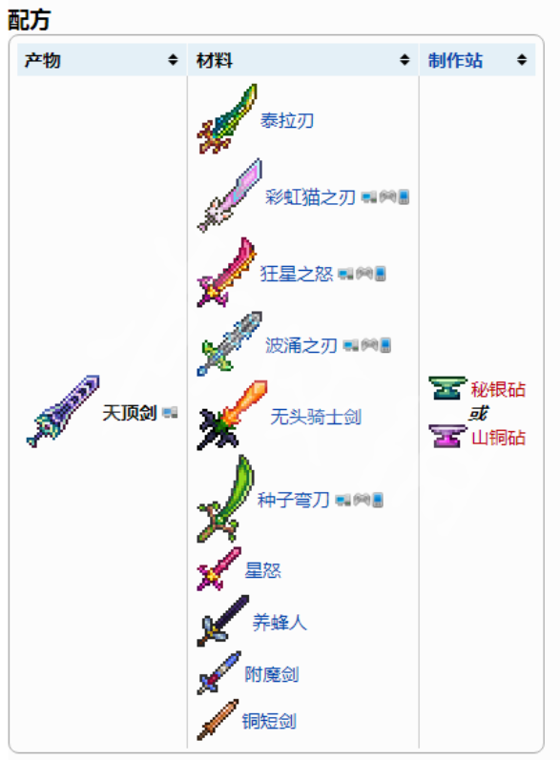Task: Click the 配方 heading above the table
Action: [x=29, y=20]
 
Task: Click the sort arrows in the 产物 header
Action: [x=173, y=60]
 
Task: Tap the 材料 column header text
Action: [x=215, y=61]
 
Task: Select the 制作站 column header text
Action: [x=455, y=61]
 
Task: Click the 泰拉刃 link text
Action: [x=287, y=120]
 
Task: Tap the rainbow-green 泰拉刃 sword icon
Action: [x=227, y=119]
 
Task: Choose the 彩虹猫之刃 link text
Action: [x=310, y=197]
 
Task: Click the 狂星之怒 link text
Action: [x=297, y=274]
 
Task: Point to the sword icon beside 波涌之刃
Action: [x=229, y=343]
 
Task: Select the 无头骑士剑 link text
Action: [x=316, y=417]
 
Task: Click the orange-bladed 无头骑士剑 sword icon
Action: [x=232, y=416]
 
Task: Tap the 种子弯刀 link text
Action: [x=293, y=500]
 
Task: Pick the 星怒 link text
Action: [x=262, y=570]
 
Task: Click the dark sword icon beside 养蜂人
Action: [x=223, y=621]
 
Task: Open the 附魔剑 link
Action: [x=272, y=674]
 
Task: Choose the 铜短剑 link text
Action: [x=270, y=721]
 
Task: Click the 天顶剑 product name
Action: [x=130, y=413]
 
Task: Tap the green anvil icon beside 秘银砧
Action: [x=447, y=388]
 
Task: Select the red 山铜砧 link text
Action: [x=498, y=437]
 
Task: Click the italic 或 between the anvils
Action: [x=478, y=414]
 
